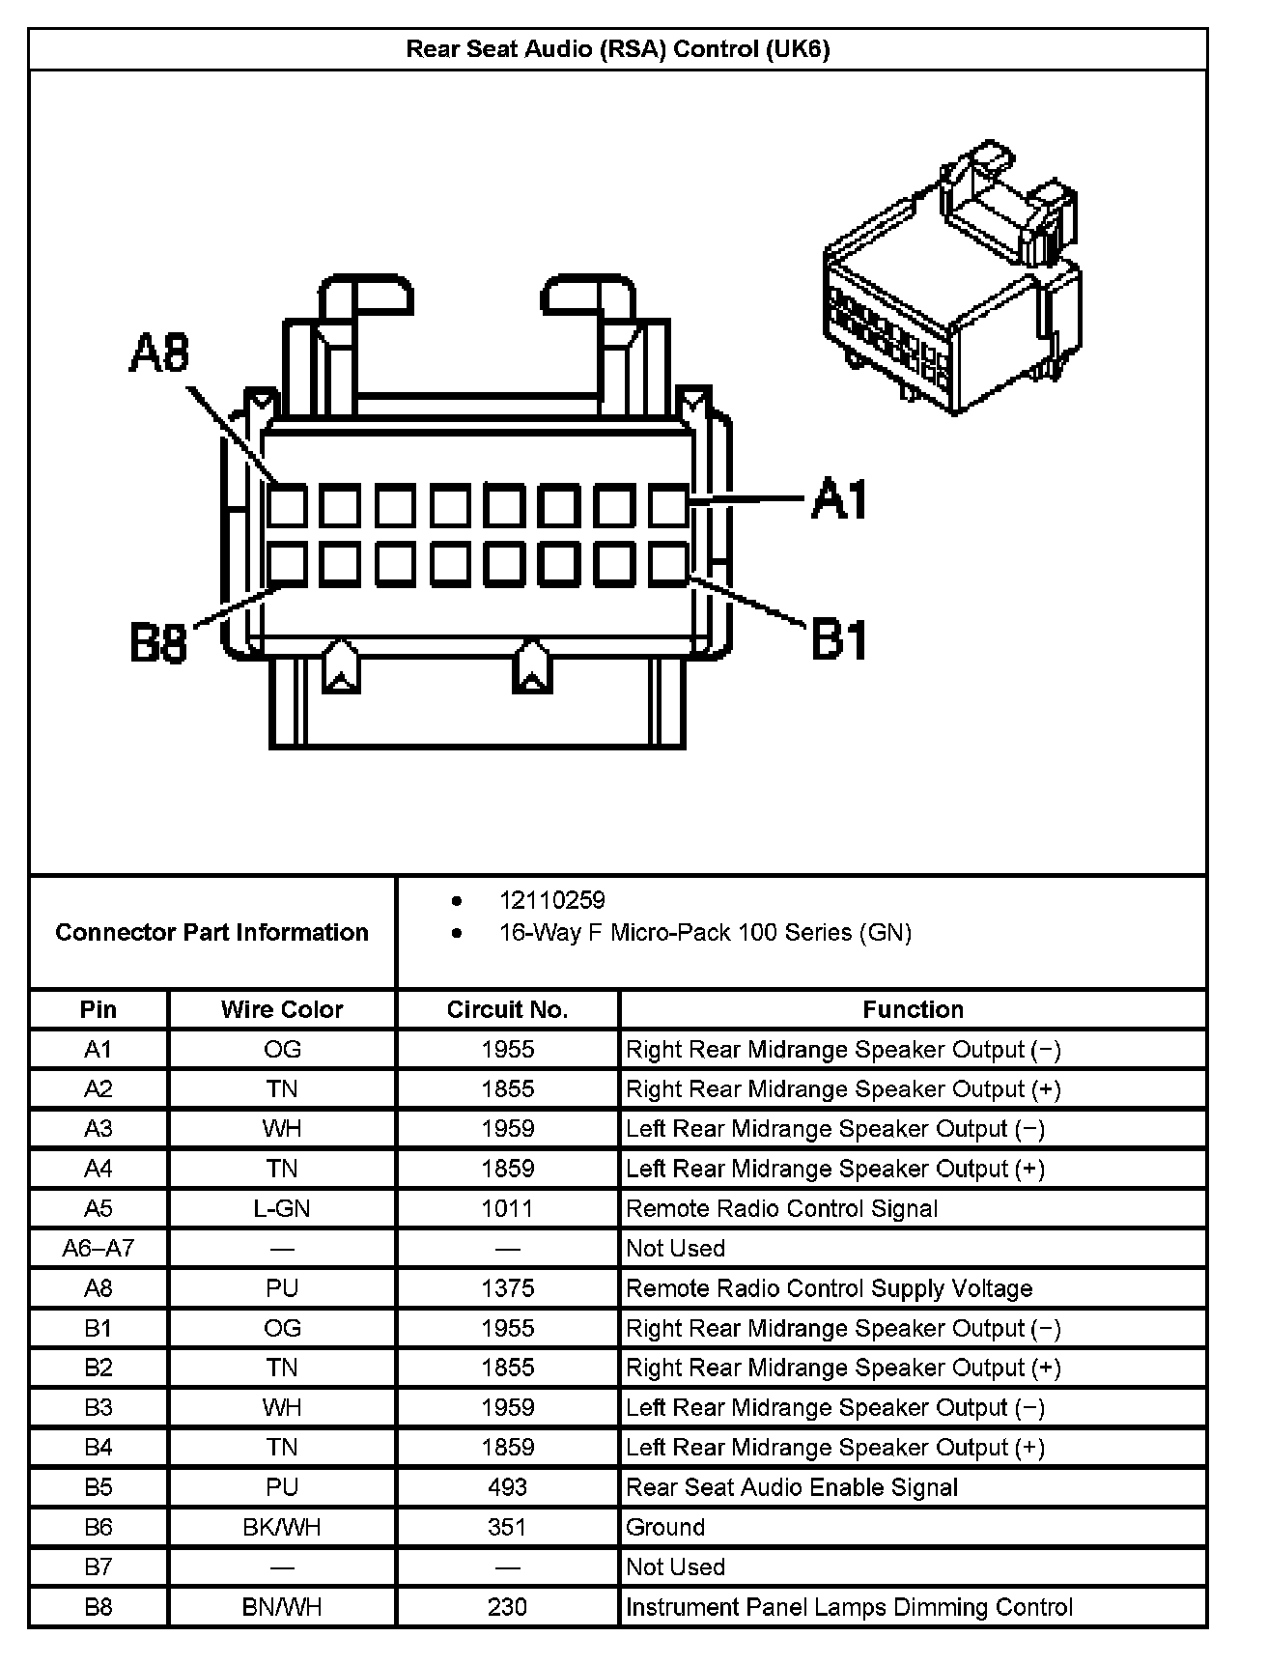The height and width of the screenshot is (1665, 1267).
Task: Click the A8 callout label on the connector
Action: tap(159, 353)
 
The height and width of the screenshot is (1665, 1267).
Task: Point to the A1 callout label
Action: tap(839, 499)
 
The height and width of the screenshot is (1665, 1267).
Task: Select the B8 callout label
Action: tap(158, 643)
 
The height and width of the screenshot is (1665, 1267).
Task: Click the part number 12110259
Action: tap(551, 900)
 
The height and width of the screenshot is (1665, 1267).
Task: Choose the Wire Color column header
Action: tap(282, 1009)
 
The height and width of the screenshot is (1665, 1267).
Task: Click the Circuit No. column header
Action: tap(507, 1009)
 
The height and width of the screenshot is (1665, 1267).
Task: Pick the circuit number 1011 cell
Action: tap(507, 1208)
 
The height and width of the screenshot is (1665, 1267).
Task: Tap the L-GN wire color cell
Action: tap(282, 1208)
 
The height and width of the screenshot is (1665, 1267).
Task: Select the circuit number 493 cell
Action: tap(507, 1486)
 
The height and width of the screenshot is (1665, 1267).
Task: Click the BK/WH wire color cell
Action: tap(282, 1527)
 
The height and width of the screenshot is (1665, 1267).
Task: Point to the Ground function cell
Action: tap(665, 1527)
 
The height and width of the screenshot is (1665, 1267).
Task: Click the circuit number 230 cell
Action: tap(507, 1606)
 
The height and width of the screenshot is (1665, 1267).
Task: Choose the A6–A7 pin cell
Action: tap(99, 1248)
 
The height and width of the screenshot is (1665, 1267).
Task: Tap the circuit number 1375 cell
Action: tap(507, 1287)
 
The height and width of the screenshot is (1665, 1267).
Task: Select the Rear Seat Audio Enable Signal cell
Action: tap(792, 1486)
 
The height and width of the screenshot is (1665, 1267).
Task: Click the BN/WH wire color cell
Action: tap(282, 1606)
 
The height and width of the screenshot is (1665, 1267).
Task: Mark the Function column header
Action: tap(913, 1009)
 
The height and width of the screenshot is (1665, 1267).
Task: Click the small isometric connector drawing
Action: tap(951, 280)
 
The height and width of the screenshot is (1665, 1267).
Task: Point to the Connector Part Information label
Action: tap(211, 932)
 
